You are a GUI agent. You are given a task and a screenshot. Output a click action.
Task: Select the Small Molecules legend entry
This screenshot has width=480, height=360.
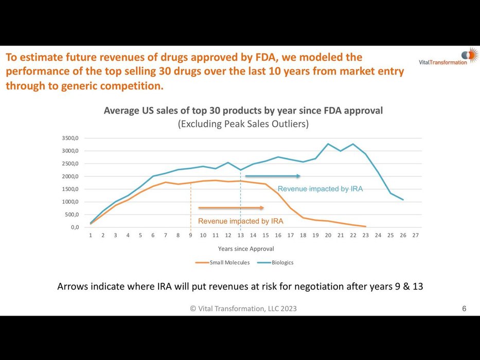coord(225,262)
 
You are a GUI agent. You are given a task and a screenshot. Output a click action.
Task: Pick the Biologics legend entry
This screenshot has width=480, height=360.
coord(282,262)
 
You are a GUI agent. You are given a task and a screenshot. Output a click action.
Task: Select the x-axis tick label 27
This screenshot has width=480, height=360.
coord(416,236)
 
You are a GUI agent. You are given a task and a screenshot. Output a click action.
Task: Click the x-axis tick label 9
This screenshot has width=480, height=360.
coord(190,236)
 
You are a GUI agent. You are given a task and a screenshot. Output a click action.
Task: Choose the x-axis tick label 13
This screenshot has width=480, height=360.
coord(240,236)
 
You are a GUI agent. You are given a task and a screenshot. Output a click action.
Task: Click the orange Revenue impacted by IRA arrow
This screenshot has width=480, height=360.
coord(231,208)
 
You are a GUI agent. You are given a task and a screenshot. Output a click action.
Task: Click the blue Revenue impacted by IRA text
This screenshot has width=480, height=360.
coord(320,189)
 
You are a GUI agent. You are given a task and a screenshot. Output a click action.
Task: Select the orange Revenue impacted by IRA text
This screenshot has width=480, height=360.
coord(241,221)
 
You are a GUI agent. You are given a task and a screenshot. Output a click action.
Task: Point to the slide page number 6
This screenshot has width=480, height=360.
coord(464,309)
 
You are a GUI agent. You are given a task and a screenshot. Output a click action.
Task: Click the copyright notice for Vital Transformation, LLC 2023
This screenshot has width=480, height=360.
coord(243,309)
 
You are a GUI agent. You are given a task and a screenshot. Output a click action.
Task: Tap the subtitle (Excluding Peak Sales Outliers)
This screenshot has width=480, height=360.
coord(243,124)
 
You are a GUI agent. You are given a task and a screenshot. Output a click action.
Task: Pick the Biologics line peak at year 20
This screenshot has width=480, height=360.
coord(328,144)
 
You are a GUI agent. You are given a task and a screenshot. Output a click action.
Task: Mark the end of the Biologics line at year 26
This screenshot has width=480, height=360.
coord(403,200)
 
